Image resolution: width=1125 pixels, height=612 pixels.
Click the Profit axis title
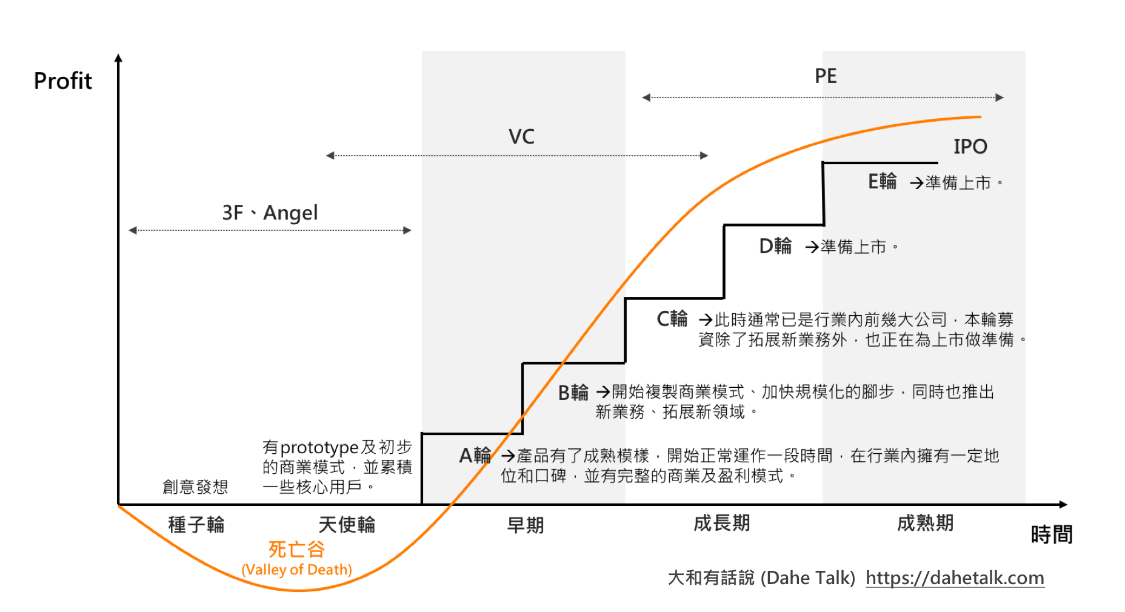[x=62, y=81]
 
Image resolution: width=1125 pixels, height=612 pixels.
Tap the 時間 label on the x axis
[x=1052, y=534]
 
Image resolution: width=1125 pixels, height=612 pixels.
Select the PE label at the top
[x=825, y=76]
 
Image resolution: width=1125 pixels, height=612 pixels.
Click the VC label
[x=521, y=137]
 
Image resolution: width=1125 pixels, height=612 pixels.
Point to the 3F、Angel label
[x=270, y=213]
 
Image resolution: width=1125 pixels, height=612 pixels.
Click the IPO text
[x=970, y=147]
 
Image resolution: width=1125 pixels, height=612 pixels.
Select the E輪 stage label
[x=882, y=181]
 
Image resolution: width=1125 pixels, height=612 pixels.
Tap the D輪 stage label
[x=775, y=246]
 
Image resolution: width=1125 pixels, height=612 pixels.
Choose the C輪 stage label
[x=672, y=319]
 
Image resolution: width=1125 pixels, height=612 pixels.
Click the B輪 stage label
[x=573, y=393]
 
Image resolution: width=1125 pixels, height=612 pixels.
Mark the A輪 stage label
[x=475, y=455]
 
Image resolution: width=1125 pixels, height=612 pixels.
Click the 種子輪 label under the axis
[x=196, y=524]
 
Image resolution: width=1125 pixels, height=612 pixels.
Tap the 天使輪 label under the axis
[x=347, y=524]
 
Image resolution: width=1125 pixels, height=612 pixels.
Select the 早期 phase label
[x=525, y=525]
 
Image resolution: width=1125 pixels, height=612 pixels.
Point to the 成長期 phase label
[x=721, y=523]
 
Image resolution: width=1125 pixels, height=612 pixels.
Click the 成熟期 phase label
[x=925, y=523]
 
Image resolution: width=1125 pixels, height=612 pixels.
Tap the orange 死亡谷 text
[x=296, y=549]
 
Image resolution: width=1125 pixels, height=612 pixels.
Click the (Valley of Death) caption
[x=296, y=570]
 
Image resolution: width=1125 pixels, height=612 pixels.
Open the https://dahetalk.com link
[x=955, y=578]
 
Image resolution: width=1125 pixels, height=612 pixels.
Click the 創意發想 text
[x=195, y=487]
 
